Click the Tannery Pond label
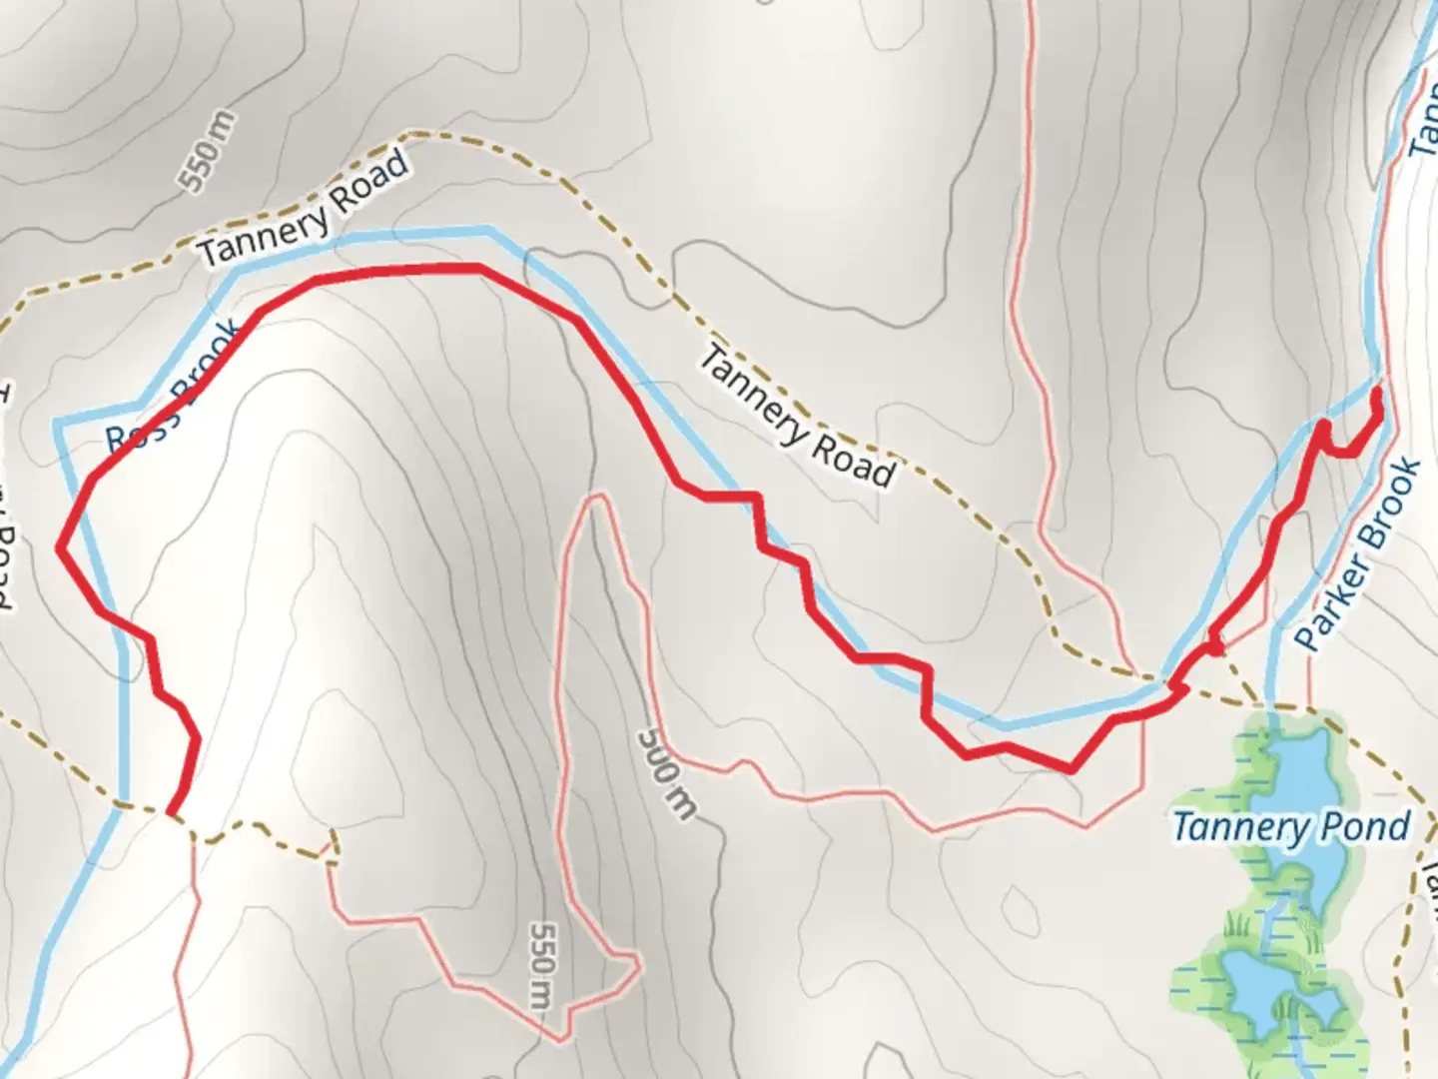click(1290, 827)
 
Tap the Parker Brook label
click(1361, 555)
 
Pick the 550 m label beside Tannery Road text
click(209, 151)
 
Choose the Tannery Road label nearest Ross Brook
click(305, 209)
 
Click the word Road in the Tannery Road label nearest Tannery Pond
click(853, 461)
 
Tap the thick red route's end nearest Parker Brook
click(1378, 392)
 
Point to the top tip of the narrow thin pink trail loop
click(596, 497)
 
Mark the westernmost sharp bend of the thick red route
click(60, 547)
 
